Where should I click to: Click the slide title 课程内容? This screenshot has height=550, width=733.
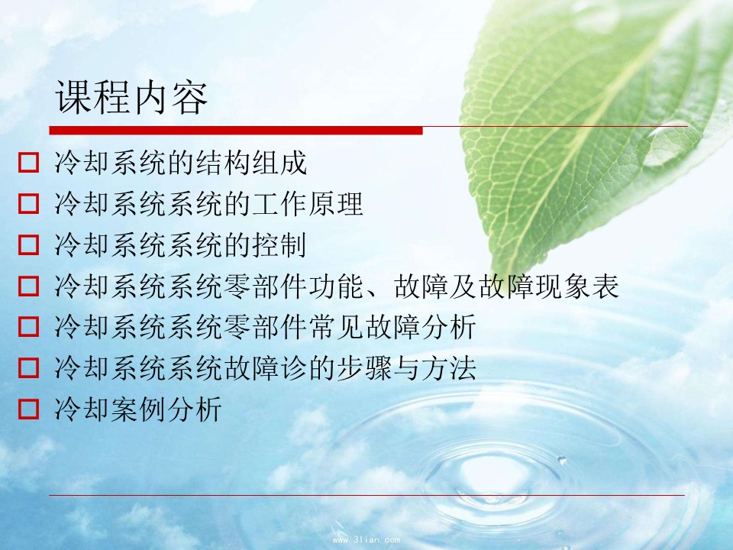131,97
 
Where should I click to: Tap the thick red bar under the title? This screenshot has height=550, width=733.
236,131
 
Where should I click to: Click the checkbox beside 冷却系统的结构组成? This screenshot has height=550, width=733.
28,162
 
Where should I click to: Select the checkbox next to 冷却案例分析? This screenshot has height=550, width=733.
28,408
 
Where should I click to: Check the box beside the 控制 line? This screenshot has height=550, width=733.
28,244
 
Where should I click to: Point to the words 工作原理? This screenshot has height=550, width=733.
308,203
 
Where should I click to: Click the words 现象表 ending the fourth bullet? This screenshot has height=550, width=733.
577,286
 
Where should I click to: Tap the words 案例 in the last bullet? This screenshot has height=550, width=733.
138,408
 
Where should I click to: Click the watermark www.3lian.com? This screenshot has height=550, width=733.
366,539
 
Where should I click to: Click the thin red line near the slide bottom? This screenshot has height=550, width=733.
367,495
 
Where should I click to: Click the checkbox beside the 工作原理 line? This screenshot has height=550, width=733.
28,203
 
